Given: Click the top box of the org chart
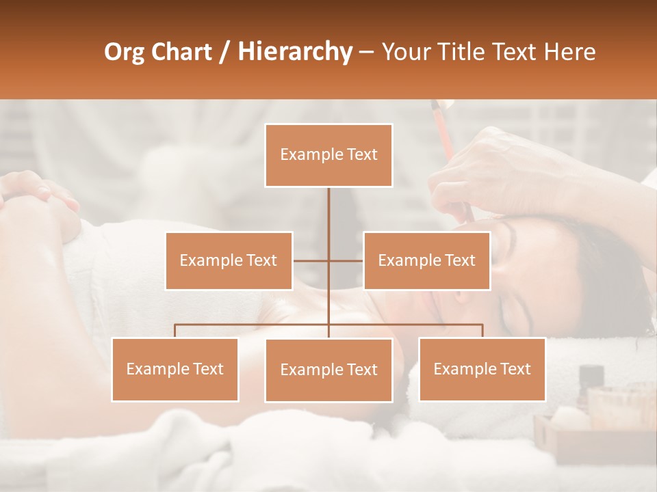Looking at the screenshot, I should coord(328,155).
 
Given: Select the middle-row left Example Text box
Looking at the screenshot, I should coord(229,260).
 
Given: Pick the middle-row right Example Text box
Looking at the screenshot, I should coord(426,260).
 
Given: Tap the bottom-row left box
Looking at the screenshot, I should coord(175,369).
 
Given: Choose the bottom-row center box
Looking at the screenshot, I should coord(328,370).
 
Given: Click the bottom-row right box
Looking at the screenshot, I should coord(482,369).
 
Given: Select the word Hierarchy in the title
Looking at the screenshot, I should coord(294,52).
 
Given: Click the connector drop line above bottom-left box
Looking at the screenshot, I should coord(175,331).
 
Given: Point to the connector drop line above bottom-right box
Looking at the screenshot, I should coord(482,331).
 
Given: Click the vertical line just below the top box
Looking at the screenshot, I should coord(328,205).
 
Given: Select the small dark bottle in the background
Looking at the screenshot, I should coord(591,379).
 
